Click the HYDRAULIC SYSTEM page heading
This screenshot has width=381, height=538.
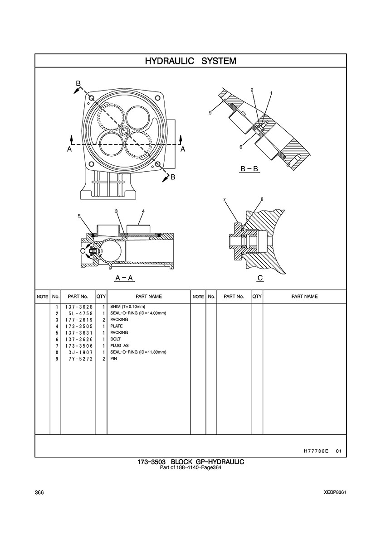[190, 61]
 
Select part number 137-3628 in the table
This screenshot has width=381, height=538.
[78, 307]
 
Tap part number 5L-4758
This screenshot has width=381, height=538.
[80, 313]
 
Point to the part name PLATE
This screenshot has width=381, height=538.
[117, 327]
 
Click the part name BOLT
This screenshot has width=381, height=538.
[115, 339]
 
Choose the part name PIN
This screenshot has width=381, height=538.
[114, 359]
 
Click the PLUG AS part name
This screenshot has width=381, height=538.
[120, 346]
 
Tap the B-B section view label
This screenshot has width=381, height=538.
[249, 169]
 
